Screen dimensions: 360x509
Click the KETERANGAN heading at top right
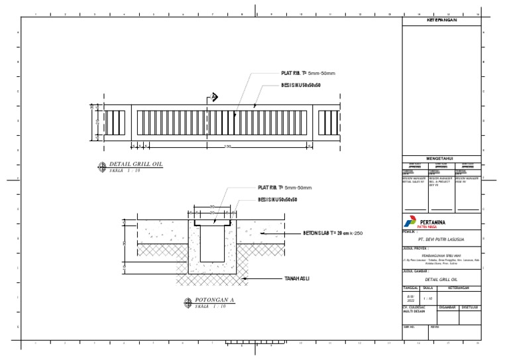(x=441, y=21)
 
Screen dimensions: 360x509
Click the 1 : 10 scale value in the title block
(x=427, y=300)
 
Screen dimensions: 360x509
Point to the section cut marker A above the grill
(x=214, y=97)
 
